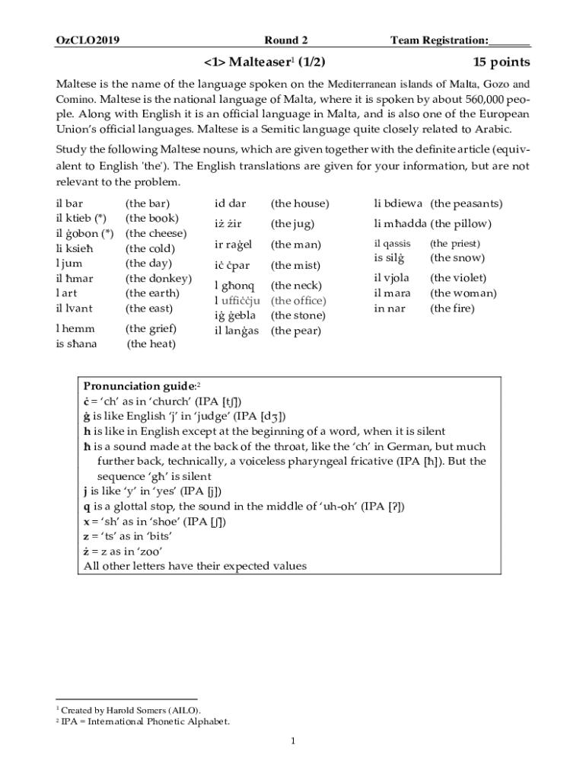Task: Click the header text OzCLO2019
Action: tap(88, 40)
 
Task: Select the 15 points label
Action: tap(500, 62)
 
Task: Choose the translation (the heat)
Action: tap(151, 344)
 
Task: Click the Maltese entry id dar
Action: tap(231, 203)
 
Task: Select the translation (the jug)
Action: tap(293, 224)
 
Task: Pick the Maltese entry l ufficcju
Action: tap(237, 301)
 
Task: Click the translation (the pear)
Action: tap(296, 331)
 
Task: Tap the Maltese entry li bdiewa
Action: tap(398, 203)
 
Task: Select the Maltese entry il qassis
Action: tap(392, 244)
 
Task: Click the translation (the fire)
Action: tap(452, 308)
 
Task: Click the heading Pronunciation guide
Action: tap(139, 386)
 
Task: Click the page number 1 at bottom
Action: tap(293, 740)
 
